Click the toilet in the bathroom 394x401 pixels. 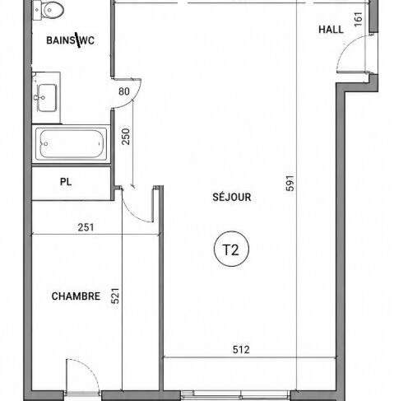pyautogui.click(x=49, y=11)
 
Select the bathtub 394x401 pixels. pyautogui.click(x=72, y=144)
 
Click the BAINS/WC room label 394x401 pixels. pyautogui.click(x=71, y=40)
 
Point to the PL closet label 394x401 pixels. pyautogui.click(x=66, y=182)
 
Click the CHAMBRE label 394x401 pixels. pyautogui.click(x=76, y=296)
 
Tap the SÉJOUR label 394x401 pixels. pyautogui.click(x=232, y=197)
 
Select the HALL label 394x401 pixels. pyautogui.click(x=331, y=30)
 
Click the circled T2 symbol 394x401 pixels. pyautogui.click(x=231, y=249)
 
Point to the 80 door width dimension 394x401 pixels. pyautogui.click(x=124, y=91)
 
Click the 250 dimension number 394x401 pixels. pyautogui.click(x=126, y=137)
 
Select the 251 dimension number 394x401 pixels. pyautogui.click(x=86, y=227)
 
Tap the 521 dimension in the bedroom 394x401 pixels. pyautogui.click(x=115, y=296)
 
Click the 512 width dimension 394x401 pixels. pyautogui.click(x=241, y=349)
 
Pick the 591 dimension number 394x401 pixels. pyautogui.click(x=290, y=183)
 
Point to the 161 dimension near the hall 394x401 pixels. pyautogui.click(x=359, y=19)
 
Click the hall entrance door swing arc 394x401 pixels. pyautogui.click(x=346, y=46)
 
